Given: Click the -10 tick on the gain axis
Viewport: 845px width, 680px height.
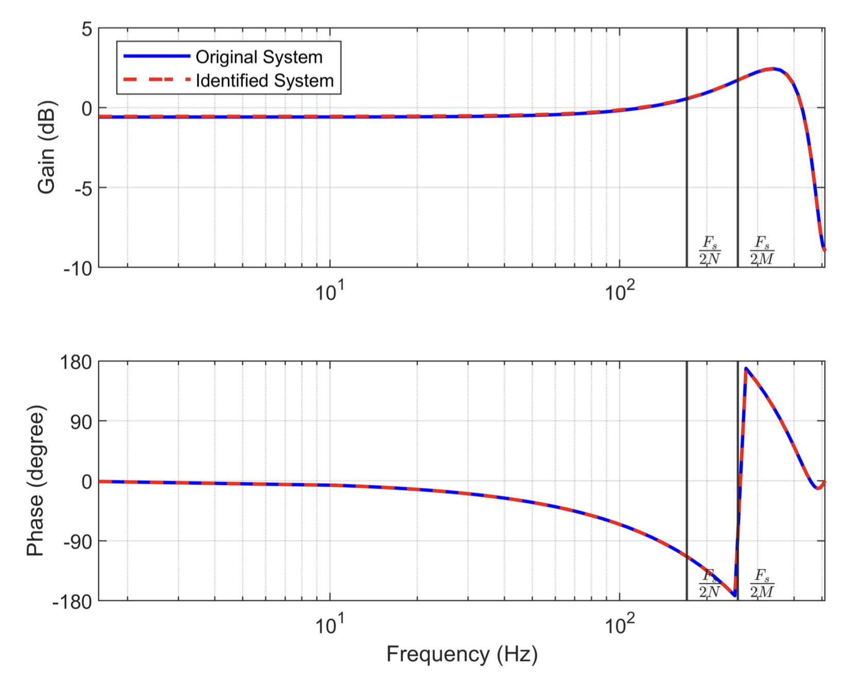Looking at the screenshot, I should click(x=78, y=268).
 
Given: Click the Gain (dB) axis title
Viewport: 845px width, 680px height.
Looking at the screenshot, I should click(x=47, y=148).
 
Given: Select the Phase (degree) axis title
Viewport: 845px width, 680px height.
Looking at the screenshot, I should click(x=36, y=481).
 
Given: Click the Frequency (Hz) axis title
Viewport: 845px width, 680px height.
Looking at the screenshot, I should click(x=462, y=654).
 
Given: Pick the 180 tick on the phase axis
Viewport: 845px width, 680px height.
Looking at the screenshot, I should click(x=76, y=362).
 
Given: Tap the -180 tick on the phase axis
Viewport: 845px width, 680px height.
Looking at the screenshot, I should click(x=72, y=601).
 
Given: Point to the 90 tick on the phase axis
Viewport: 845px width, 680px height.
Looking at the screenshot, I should click(x=80, y=422).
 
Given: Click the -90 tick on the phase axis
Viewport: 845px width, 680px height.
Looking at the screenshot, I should click(x=77, y=541).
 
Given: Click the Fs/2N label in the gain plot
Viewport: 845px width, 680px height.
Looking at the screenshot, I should click(x=710, y=250).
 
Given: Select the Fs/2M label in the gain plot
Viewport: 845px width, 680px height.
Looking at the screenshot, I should click(x=762, y=250).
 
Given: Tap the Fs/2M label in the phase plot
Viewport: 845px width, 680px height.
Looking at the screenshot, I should click(x=762, y=583).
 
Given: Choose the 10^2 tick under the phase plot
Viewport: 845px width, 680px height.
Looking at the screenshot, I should click(x=619, y=625).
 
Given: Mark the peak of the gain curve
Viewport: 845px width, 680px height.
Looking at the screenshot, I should click(x=772, y=69).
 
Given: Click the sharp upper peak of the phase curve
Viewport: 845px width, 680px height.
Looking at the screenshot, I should click(x=746, y=368).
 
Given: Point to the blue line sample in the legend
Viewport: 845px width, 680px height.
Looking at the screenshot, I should click(x=156, y=57).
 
